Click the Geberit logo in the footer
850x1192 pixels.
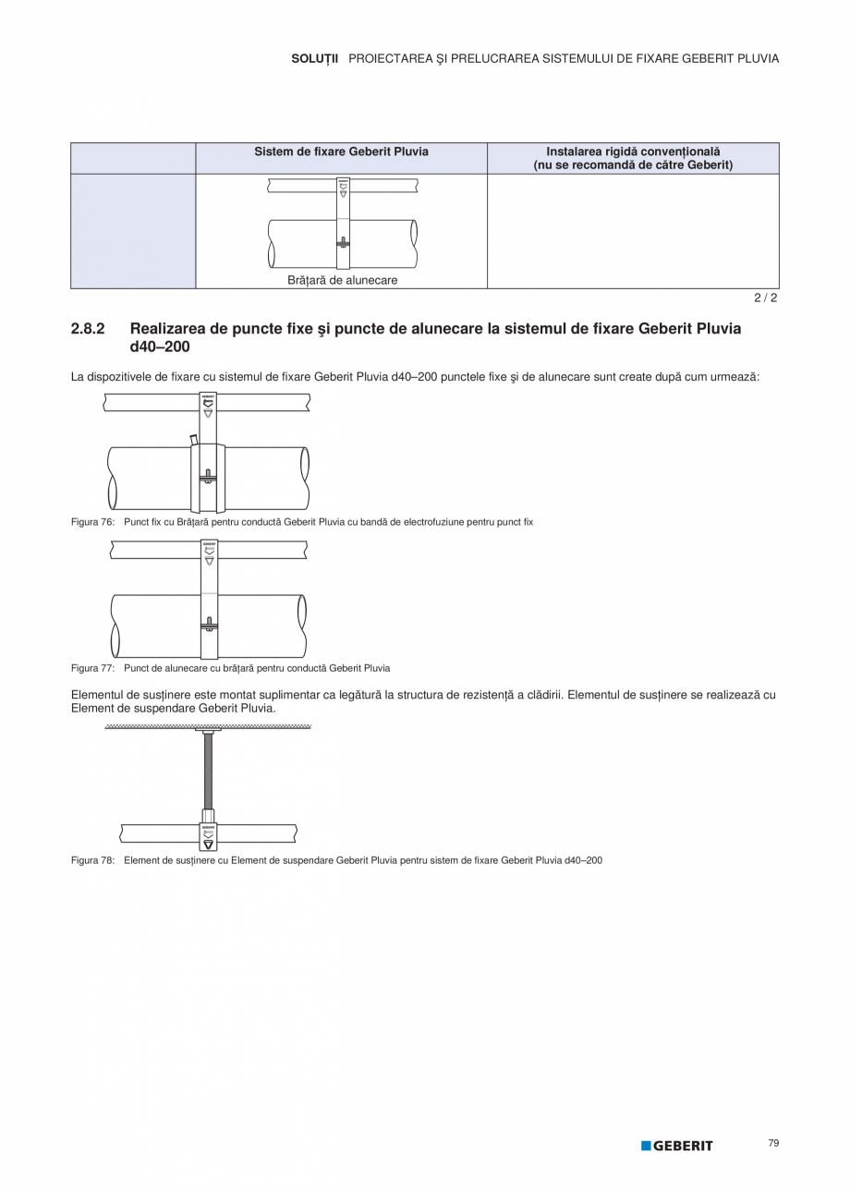(x=677, y=1146)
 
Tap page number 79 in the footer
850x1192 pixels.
(x=773, y=1143)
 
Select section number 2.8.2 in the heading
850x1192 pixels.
(x=89, y=329)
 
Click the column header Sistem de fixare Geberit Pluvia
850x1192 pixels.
(x=341, y=152)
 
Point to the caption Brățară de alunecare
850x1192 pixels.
(x=342, y=280)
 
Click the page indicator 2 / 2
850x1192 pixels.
(x=766, y=298)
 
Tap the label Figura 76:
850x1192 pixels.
(x=92, y=522)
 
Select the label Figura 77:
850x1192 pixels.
(x=92, y=668)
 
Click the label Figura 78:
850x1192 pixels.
(x=92, y=860)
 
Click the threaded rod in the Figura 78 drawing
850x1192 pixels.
(x=208, y=772)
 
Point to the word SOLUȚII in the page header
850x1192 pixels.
(x=315, y=58)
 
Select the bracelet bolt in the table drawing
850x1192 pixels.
(x=343, y=243)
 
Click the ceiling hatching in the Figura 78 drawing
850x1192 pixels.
(x=208, y=727)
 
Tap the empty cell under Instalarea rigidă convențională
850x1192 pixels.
(x=633, y=231)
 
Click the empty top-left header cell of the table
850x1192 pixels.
(x=133, y=158)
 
